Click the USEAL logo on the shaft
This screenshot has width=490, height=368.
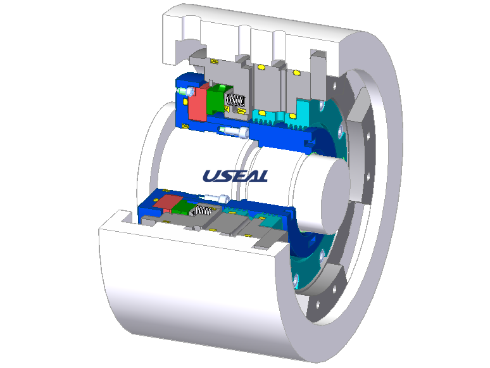click(236, 175)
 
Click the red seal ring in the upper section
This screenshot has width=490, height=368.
click(198, 103)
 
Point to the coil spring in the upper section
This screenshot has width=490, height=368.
click(236, 100)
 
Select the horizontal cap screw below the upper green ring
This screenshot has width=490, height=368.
click(234, 131)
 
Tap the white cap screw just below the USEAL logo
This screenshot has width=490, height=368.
click(217, 198)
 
